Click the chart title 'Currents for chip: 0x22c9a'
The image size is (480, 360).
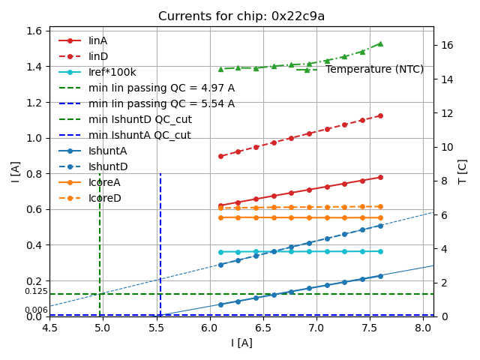pos(241,16)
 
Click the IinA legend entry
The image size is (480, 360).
pos(98,40)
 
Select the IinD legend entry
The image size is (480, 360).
pos(98,56)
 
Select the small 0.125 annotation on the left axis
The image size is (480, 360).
pos(36,291)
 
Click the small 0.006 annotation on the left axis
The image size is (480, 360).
pos(36,310)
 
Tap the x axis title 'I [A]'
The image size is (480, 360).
pos(241,343)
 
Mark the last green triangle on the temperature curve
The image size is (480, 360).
pos(380,43)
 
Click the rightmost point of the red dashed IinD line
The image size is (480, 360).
pos(380,115)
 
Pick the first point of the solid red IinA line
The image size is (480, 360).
pos(220,205)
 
